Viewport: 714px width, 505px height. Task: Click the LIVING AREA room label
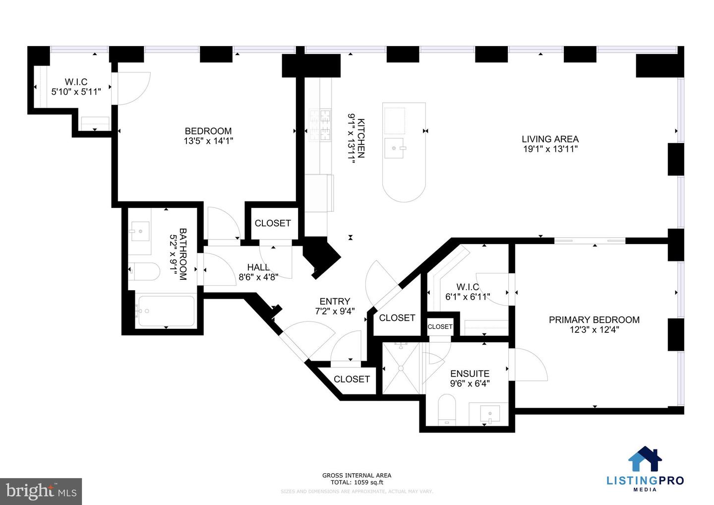550,139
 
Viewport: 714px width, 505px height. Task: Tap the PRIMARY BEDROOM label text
594,320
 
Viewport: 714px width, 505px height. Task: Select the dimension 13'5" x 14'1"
208,141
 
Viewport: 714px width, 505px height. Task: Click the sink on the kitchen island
395,148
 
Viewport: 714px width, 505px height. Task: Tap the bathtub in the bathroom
166,311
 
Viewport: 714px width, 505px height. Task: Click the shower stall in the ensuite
401,368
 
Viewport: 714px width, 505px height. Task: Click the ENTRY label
335,301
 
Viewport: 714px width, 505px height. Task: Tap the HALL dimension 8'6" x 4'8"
258,277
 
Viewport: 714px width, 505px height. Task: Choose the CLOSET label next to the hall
273,223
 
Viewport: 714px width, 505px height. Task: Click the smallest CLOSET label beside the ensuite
440,326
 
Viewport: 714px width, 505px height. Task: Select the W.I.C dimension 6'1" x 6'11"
468,297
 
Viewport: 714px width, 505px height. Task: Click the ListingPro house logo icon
645,459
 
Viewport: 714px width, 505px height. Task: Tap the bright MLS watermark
41,491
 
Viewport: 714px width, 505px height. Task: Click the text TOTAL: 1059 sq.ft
357,482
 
